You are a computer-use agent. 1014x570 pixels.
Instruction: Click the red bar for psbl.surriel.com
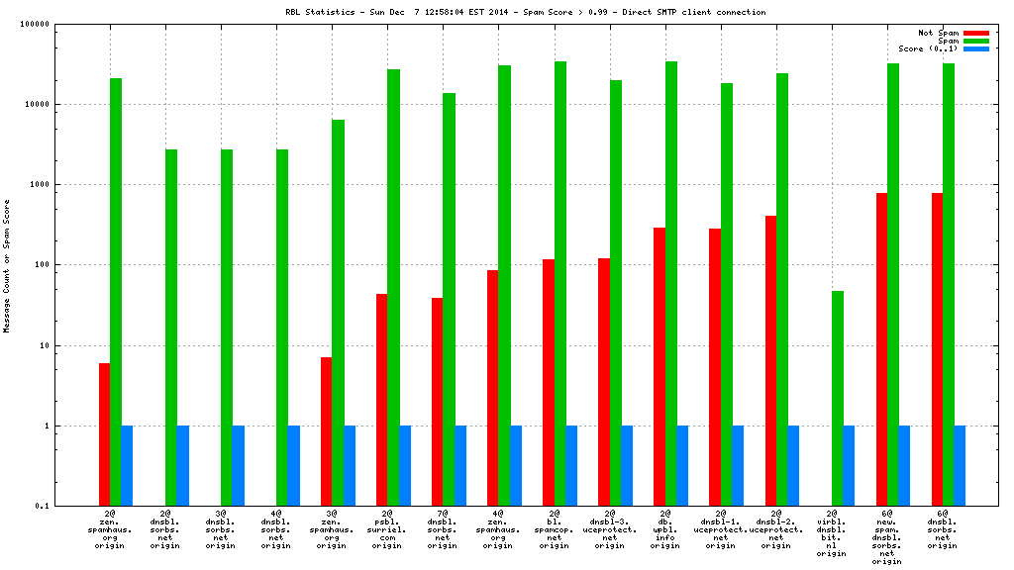[x=382, y=400]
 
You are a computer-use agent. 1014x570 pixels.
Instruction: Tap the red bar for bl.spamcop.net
[x=549, y=382]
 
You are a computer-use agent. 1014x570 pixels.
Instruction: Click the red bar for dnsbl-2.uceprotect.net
[x=770, y=360]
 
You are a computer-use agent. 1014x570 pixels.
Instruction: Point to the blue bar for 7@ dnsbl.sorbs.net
[x=460, y=465]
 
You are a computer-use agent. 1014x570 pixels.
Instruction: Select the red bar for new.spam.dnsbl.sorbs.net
[x=881, y=349]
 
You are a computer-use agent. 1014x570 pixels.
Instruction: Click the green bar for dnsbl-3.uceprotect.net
[x=616, y=293]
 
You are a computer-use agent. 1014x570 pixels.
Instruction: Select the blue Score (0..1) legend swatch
[x=976, y=48]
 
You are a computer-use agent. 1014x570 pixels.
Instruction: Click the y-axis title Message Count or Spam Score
[x=7, y=265]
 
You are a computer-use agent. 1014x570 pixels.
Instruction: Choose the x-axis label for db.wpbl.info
[x=665, y=529]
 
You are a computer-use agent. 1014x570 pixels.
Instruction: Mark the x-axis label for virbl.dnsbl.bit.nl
[x=832, y=533]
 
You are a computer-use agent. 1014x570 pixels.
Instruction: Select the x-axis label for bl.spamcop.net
[x=555, y=529]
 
